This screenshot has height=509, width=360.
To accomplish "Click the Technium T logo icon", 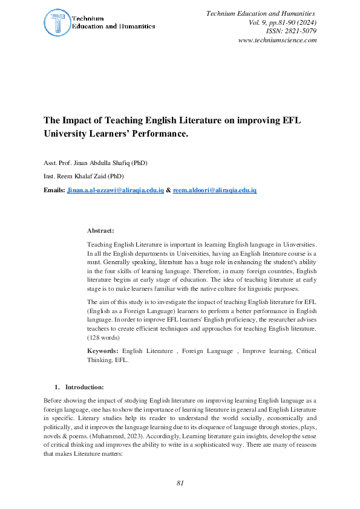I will tap(56, 23).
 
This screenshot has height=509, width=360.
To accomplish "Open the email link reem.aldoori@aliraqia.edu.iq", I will tap(215, 190).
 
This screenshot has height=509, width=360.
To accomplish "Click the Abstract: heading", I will tap(100, 231).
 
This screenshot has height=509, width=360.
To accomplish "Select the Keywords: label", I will tap(104, 351).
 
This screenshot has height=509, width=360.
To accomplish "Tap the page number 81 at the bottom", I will tap(180, 483).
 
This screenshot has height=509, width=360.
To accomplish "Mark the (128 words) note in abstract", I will tap(103, 337).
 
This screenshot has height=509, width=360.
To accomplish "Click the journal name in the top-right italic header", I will tap(261, 13).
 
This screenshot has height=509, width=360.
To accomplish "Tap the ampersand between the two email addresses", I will tap(168, 190).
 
